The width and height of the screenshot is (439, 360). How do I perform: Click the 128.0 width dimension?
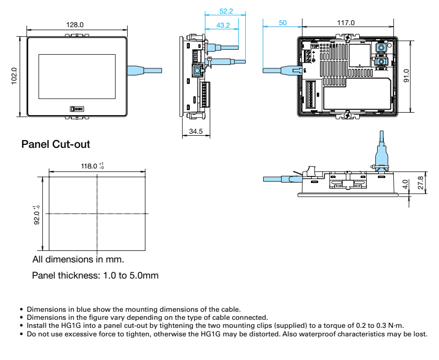75,25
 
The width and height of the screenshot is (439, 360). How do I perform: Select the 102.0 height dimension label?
14,76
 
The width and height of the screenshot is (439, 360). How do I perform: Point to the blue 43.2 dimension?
223,25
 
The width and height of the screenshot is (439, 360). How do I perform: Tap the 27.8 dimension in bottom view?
420,182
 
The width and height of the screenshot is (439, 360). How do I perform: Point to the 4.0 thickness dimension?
406,185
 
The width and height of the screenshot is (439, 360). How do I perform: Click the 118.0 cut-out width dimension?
91,166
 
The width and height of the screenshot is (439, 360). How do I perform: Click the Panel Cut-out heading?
56,144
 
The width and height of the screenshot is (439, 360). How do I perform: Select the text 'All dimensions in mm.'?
78,259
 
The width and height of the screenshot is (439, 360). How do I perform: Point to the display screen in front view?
77,76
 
